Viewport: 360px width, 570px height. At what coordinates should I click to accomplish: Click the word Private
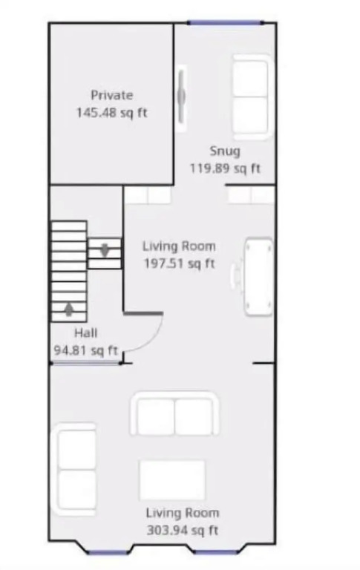click(x=111, y=95)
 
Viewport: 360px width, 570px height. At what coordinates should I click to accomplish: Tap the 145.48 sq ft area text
click(x=111, y=113)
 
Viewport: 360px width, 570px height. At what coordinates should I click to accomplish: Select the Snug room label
click(x=225, y=151)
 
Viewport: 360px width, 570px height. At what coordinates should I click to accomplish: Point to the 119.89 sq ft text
click(x=225, y=168)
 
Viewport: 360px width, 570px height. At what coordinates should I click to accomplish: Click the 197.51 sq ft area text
click(x=180, y=263)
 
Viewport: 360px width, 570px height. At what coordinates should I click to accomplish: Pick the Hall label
click(x=86, y=333)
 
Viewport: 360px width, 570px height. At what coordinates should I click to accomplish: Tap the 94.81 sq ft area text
click(x=86, y=350)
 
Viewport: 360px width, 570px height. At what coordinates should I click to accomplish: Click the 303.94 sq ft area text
click(x=182, y=531)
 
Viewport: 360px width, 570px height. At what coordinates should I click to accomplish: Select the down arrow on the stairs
click(x=105, y=249)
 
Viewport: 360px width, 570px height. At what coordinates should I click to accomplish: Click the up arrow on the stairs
click(x=69, y=309)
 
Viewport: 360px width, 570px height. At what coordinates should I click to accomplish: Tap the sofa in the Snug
click(x=252, y=97)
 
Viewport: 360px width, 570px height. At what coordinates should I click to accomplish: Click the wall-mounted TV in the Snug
click(x=181, y=96)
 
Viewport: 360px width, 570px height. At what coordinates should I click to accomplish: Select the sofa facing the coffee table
click(x=174, y=413)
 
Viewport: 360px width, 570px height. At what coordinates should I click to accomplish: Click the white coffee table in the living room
click(x=172, y=480)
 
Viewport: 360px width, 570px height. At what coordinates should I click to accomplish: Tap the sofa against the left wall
click(x=74, y=469)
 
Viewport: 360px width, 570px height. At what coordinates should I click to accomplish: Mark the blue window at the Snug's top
click(x=226, y=23)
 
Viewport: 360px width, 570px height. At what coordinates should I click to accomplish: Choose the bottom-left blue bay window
click(x=108, y=552)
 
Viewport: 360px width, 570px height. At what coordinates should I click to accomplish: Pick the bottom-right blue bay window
click(x=215, y=552)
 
